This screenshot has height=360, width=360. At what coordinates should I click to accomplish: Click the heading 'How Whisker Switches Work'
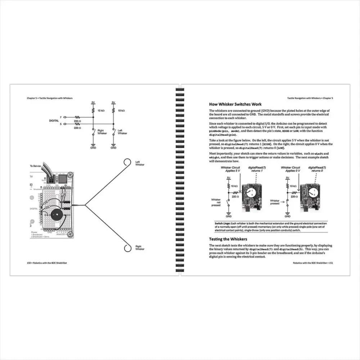coord(238,104)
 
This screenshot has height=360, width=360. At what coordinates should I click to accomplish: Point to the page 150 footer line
coord(47,263)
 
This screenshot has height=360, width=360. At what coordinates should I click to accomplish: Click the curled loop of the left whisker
coord(127,163)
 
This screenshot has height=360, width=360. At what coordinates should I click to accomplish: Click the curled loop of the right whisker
coord(127,248)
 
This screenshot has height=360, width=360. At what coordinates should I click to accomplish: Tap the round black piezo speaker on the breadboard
coord(57,216)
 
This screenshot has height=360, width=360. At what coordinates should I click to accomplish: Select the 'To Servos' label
coord(36,166)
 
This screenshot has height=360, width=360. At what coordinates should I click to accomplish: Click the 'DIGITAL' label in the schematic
coord(54,121)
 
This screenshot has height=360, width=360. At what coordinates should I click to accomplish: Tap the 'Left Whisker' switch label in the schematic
coord(122,132)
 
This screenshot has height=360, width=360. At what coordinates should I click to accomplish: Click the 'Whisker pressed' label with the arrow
coord(275,202)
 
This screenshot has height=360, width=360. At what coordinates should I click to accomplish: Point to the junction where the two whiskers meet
coord(85,205)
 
